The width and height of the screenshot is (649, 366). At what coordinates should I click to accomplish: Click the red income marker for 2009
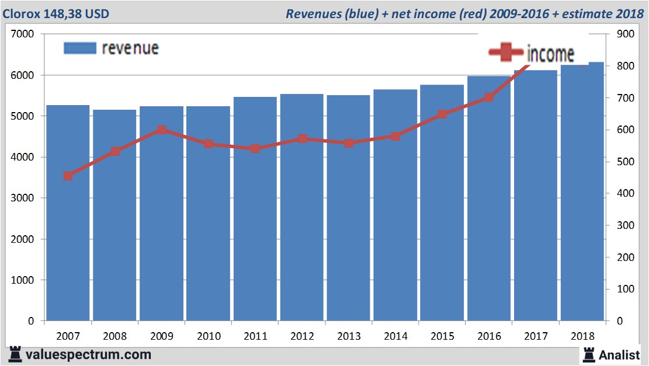click(x=162, y=130)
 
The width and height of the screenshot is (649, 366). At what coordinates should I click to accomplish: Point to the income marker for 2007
click(x=68, y=176)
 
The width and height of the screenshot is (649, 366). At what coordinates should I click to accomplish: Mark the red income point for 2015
click(x=442, y=114)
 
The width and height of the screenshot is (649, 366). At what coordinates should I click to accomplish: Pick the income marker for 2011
click(x=255, y=148)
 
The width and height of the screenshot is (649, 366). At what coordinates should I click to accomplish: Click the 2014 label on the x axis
click(x=395, y=336)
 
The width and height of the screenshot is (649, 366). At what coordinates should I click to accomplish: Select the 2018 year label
click(x=582, y=336)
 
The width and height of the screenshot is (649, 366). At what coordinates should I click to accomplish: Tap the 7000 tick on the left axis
click(x=23, y=34)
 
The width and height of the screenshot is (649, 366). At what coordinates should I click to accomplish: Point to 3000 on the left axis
click(x=23, y=198)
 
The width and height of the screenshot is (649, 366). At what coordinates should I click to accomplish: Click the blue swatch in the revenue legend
click(x=79, y=48)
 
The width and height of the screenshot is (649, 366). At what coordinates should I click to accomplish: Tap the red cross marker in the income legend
click(x=506, y=53)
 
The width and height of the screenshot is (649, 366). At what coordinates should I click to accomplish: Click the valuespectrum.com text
click(x=88, y=354)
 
